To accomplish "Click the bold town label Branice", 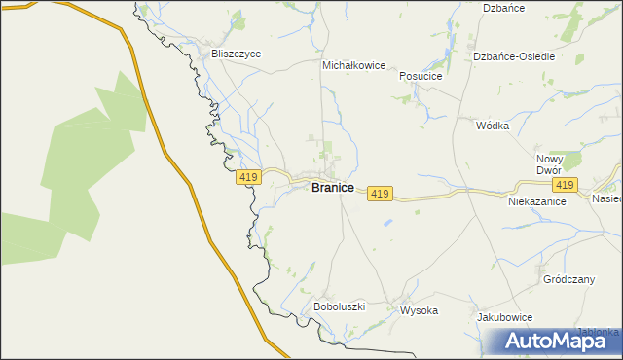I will [x=332, y=188].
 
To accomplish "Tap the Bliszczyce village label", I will [x=237, y=54].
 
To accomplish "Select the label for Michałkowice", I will [x=354, y=66].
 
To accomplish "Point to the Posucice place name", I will [x=421, y=76].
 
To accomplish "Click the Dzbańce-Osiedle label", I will [x=514, y=56].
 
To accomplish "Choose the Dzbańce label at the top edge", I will [x=505, y=8].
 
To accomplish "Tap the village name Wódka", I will [x=493, y=126].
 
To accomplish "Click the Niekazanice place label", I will [x=537, y=202].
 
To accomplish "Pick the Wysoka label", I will [x=420, y=311].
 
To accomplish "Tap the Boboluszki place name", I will [x=339, y=306].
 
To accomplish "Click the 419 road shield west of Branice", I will [x=247, y=177].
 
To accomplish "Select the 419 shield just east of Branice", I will [x=380, y=195].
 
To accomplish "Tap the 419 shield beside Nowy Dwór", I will [x=564, y=185].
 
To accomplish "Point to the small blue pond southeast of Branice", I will [x=388, y=223].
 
